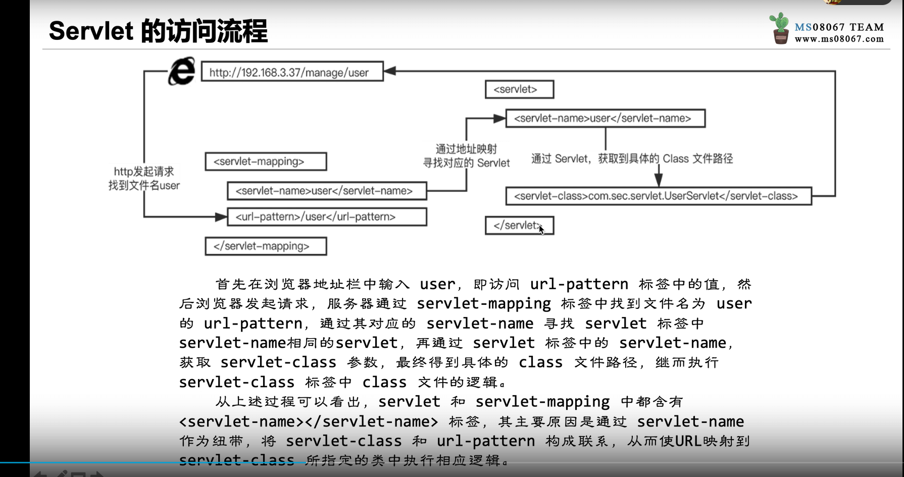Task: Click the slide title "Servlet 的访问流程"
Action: tap(158, 31)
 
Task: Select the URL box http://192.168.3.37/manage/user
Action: tap(292, 72)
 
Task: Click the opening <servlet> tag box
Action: tap(519, 89)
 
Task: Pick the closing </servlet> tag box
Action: tap(519, 225)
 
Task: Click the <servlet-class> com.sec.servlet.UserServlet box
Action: tap(658, 196)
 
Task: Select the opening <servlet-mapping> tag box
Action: tap(266, 162)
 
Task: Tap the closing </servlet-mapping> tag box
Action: tap(266, 246)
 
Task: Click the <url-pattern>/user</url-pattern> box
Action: tap(327, 217)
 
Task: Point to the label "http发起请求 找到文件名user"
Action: tap(144, 179)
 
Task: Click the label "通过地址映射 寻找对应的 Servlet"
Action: tap(466, 156)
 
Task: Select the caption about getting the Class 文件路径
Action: tap(632, 158)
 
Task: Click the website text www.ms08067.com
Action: tap(839, 39)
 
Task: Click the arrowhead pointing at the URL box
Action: tap(389, 71)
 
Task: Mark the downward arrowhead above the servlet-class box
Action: tap(658, 180)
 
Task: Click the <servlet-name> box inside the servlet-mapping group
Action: tap(327, 191)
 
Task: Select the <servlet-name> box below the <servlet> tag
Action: tap(605, 118)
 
